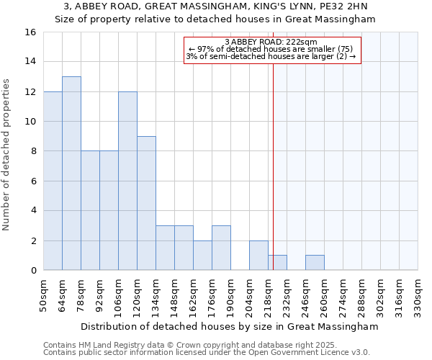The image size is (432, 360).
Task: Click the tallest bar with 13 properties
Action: (71, 174)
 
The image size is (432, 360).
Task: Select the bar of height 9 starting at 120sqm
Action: (146, 203)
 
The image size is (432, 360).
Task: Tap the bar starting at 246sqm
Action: (315, 263)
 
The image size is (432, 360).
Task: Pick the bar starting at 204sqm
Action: (258, 256)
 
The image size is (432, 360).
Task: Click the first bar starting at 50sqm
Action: (53, 181)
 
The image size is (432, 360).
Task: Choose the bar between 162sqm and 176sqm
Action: (202, 256)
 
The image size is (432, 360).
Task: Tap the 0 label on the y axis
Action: (33, 271)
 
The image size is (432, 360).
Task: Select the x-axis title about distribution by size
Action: (230, 327)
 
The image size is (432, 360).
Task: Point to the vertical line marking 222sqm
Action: (274, 166)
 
